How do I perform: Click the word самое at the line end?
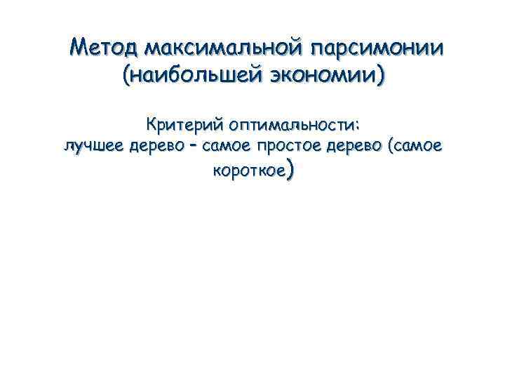coord(418,146)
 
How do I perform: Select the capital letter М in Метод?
coord(81,48)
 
